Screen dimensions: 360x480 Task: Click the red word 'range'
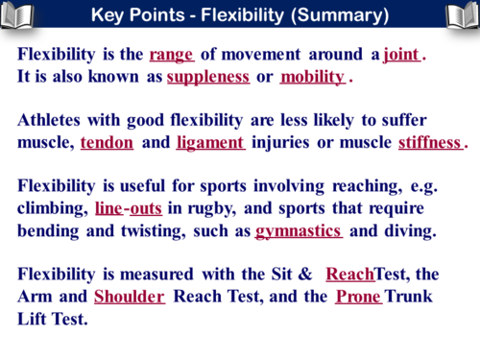click(x=172, y=56)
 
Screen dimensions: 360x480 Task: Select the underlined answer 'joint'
click(x=400, y=56)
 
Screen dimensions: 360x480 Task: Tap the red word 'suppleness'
click(x=208, y=77)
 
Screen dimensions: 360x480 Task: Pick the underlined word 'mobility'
click(x=312, y=77)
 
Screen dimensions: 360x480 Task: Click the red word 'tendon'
click(x=107, y=143)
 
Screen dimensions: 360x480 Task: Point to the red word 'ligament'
click(x=211, y=143)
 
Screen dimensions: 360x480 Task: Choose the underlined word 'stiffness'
click(x=430, y=143)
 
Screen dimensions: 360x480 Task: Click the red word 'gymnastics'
click(x=300, y=230)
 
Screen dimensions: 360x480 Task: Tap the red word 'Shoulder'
click(x=130, y=297)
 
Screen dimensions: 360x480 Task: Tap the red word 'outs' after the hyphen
click(x=146, y=208)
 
